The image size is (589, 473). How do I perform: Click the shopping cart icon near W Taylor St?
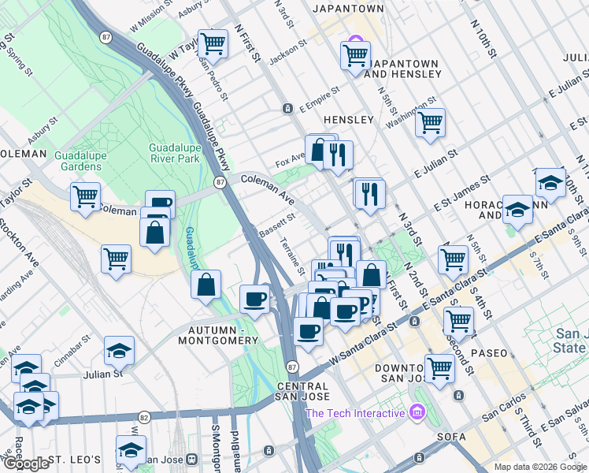213,43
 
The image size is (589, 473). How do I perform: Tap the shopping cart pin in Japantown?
355,55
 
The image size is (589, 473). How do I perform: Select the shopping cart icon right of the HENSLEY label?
430,123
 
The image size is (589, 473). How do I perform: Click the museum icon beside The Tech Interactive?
417,412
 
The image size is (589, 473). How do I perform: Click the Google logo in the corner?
26,464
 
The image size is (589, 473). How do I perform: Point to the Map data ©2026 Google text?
540,467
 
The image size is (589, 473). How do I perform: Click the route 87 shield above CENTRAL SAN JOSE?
292,367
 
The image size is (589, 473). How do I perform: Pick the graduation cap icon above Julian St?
119,350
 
